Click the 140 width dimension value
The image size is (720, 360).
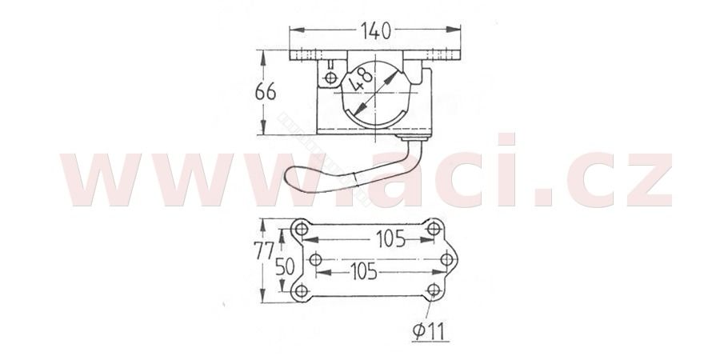coord(376,30)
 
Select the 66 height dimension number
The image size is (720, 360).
coord(266,92)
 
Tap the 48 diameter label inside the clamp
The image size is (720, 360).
coord(360,79)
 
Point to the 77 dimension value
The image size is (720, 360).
coord(263,250)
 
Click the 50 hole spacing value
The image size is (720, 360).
coord(285,266)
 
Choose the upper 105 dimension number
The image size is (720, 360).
coord(390,238)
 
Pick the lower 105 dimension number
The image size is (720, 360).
coord(363,272)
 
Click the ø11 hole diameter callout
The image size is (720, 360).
coord(430,330)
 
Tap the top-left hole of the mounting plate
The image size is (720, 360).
coord(302,228)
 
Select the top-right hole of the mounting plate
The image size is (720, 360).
coord(434,228)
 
